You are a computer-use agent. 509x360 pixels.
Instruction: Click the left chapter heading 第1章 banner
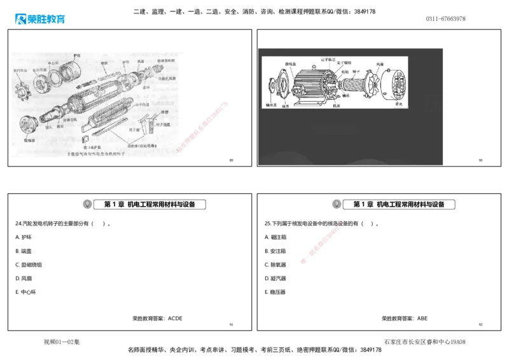[151, 204]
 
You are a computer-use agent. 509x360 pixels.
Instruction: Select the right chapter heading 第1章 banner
[400, 204]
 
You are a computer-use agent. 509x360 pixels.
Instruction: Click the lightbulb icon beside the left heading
[87, 204]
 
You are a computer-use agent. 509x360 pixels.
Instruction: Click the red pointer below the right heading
[321, 243]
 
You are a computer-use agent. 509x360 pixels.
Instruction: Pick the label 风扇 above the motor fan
[379, 64]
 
